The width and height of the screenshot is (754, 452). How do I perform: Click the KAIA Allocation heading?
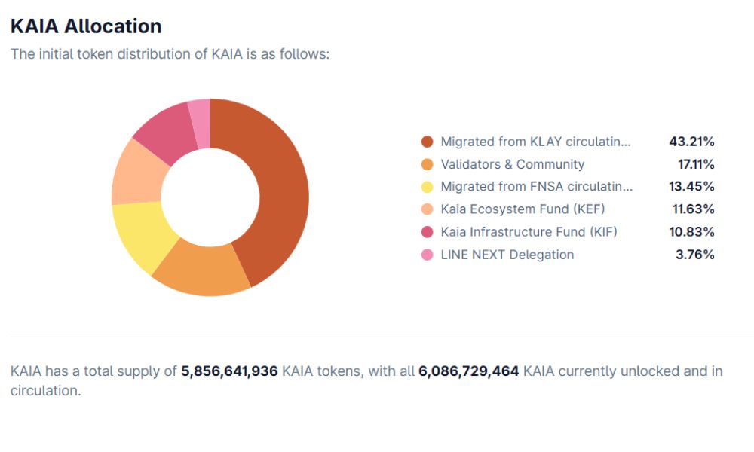click(x=86, y=26)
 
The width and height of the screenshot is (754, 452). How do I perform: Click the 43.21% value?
click(x=691, y=142)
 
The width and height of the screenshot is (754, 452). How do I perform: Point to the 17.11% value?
click(x=696, y=164)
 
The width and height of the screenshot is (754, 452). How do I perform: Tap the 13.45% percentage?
click(x=692, y=187)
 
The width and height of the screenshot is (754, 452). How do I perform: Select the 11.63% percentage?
click(x=693, y=209)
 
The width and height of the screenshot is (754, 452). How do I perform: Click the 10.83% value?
click(x=692, y=232)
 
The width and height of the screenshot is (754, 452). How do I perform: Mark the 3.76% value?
click(x=695, y=255)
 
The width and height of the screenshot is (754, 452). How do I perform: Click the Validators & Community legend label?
click(x=512, y=164)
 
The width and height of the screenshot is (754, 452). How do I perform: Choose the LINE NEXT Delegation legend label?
click(x=507, y=255)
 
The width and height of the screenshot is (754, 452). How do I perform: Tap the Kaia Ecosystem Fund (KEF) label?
click(x=523, y=209)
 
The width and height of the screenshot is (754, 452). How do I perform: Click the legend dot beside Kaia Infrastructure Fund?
click(x=428, y=232)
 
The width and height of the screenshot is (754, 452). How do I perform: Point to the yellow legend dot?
click(x=428, y=187)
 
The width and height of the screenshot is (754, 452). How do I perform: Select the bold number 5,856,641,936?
click(x=229, y=371)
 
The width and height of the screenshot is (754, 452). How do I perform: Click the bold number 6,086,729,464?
click(x=468, y=371)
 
